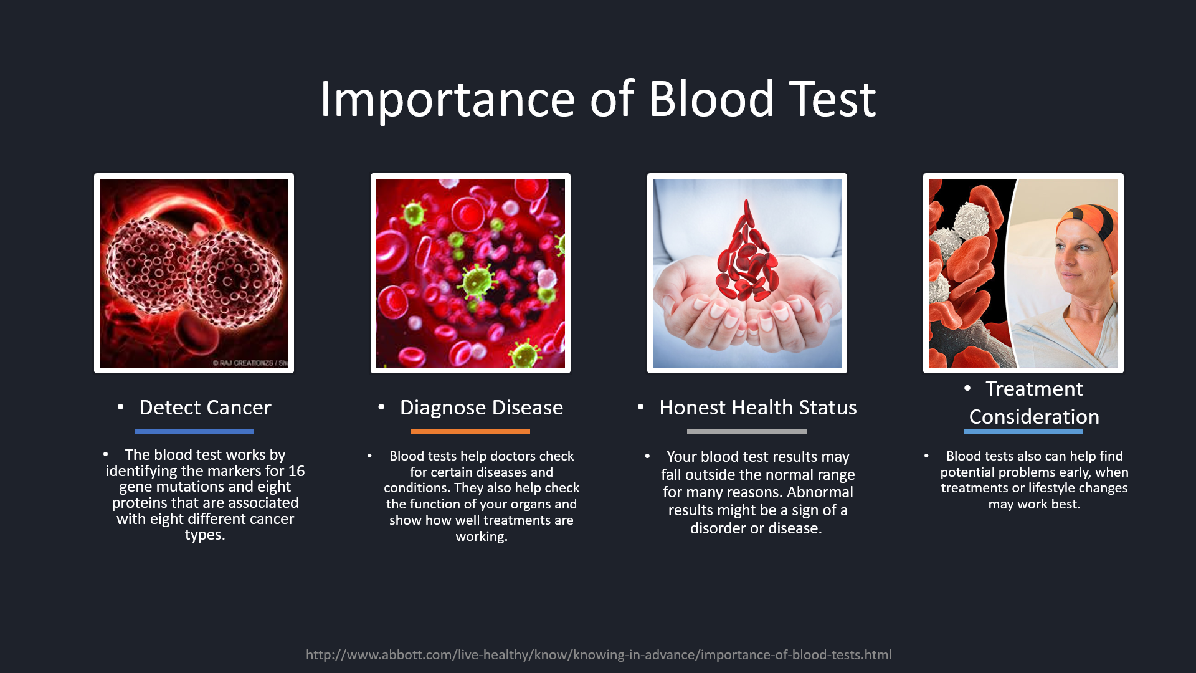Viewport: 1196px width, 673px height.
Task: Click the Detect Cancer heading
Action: (205, 408)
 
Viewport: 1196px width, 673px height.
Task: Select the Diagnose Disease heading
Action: (482, 408)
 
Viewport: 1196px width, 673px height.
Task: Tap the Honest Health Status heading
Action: (758, 408)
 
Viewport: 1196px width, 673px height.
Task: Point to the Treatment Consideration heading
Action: (1034, 403)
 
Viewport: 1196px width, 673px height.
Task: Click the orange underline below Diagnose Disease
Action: (470, 431)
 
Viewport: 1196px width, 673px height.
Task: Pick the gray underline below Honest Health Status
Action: (747, 431)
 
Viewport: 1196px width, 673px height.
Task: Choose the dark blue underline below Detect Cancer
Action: (194, 431)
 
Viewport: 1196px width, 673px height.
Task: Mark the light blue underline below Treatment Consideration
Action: (1023, 431)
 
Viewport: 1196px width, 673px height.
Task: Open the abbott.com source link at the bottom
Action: (599, 655)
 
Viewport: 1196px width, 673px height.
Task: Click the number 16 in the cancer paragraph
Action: (297, 471)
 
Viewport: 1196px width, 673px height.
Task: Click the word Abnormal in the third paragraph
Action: (820, 492)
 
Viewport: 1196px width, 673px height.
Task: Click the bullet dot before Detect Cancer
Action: (121, 408)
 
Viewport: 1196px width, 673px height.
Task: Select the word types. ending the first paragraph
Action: (205, 535)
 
